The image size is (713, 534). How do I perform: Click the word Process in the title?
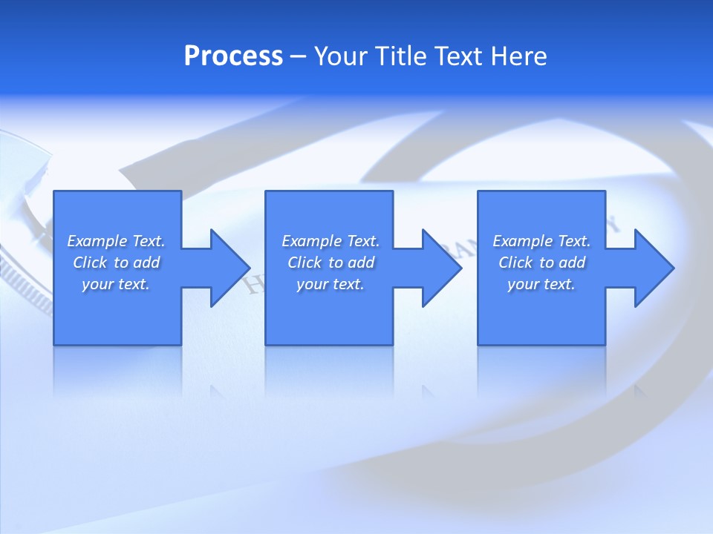[x=233, y=56]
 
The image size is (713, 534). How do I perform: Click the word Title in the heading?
[x=398, y=56]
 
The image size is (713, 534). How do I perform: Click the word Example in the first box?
[x=97, y=241]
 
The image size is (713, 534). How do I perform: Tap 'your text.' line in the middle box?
[x=330, y=284]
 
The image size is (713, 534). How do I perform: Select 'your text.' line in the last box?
[x=541, y=284]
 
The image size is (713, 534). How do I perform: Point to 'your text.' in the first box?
[x=116, y=284]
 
